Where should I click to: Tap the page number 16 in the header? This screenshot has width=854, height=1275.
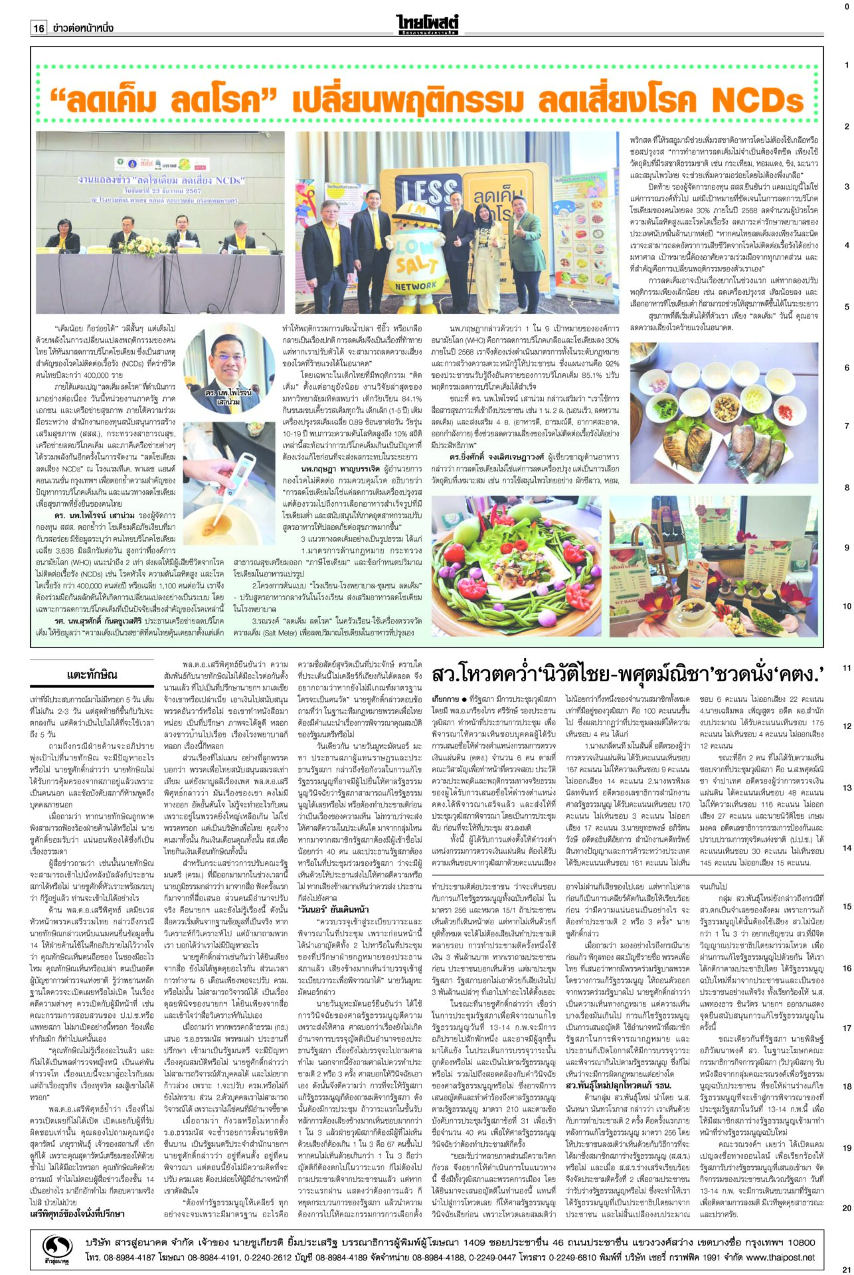[39, 28]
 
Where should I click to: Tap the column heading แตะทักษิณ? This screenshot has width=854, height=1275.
[92, 675]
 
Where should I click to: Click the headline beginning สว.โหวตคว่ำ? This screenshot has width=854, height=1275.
[628, 675]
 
